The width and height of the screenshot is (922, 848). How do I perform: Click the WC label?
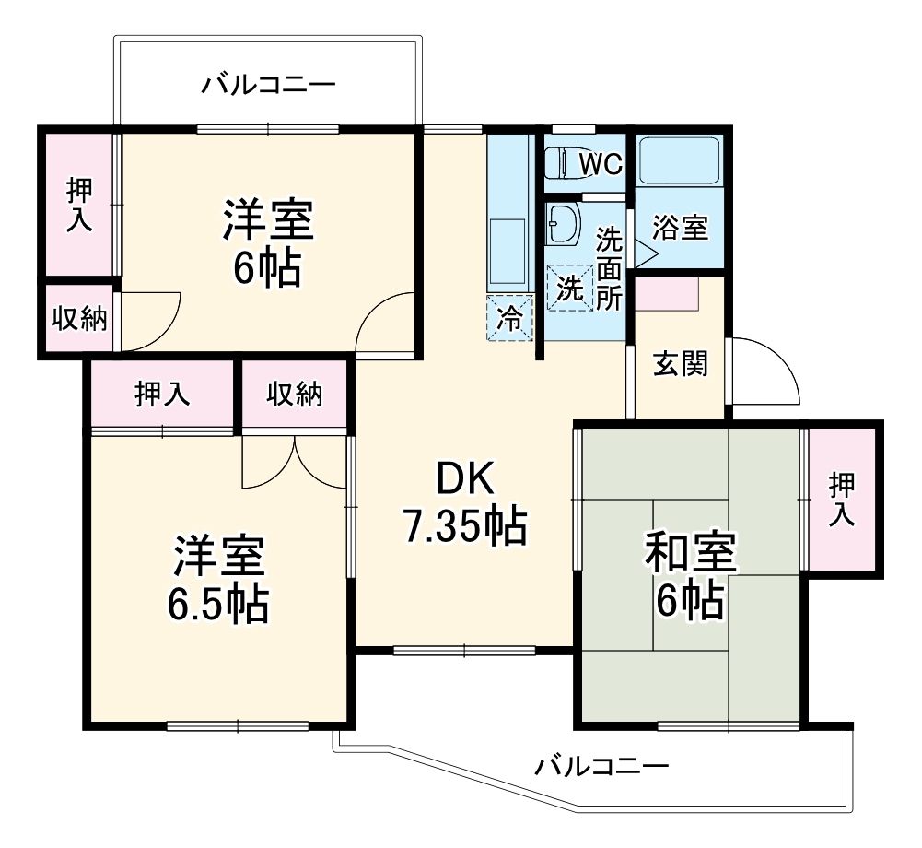pos(601,164)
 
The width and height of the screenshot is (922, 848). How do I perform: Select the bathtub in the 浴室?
pos(679,162)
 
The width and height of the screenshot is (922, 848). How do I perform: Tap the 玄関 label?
pos(681,364)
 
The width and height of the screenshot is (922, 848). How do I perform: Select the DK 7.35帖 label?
pos(464,503)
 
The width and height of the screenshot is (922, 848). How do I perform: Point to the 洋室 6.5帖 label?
pos(218,579)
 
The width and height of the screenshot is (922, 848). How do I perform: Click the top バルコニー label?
pos(269,86)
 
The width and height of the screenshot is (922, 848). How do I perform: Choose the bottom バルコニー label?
pos(602,765)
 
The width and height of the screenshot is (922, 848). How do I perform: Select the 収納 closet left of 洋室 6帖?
pos(78,319)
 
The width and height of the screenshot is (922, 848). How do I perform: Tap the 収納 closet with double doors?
pos(295,395)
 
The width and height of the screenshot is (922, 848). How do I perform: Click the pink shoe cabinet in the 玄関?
pos(667,292)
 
